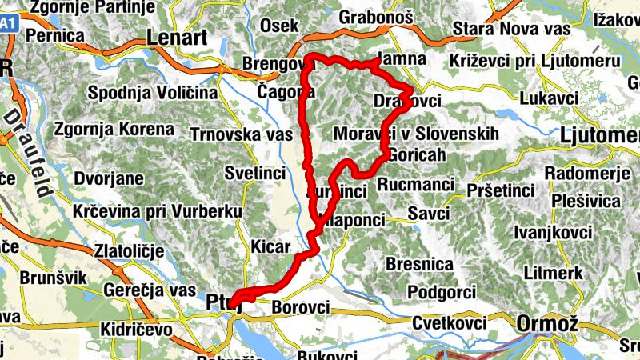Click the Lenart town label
177,38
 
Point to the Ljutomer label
601,134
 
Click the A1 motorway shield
7,24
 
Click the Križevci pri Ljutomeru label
534,62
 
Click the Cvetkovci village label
450,323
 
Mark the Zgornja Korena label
114,128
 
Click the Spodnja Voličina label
153,93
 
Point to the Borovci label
301,306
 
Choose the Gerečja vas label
150,290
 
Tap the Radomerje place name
583,173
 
